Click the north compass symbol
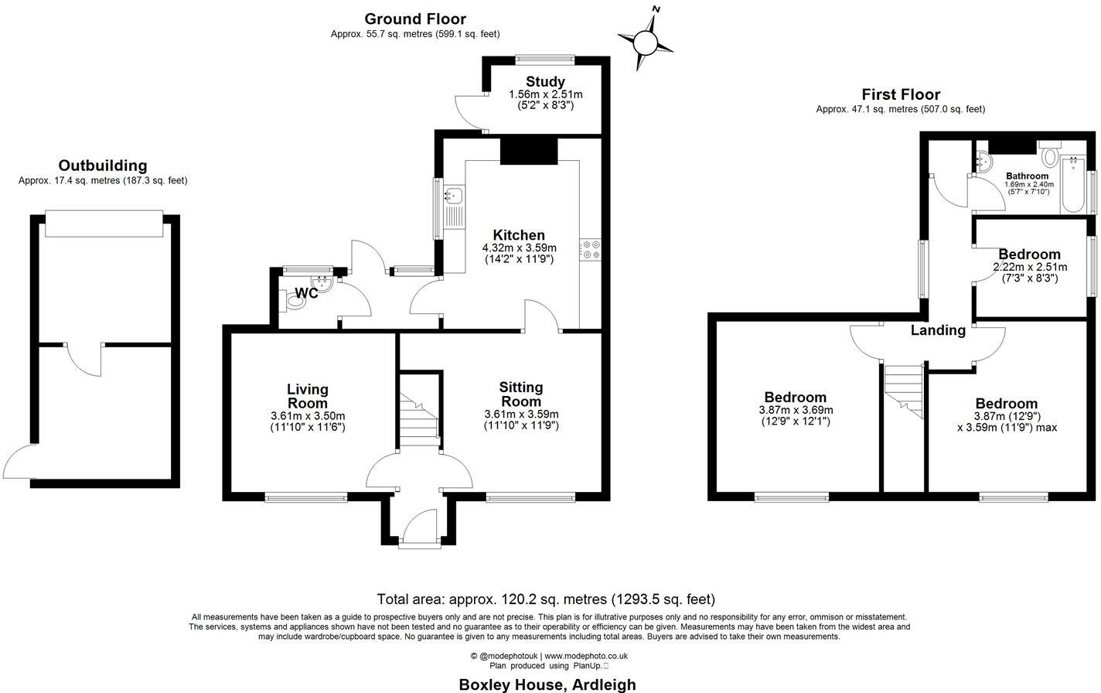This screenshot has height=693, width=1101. pos(646,41)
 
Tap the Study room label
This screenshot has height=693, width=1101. pos(545,82)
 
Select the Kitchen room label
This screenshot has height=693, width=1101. pos(519,235)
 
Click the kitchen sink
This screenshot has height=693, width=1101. pos(453,196)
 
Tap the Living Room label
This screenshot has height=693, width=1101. pos(308,396)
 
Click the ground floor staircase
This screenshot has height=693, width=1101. pos(418,413)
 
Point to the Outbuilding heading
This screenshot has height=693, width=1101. pos(103,166)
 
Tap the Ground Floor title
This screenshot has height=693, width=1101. pos(415,19)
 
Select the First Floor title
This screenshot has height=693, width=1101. pos(901,94)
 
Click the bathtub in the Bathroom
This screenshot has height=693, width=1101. pos(1072,183)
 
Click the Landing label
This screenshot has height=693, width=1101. pos(938,330)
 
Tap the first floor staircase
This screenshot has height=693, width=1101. pos(904,390)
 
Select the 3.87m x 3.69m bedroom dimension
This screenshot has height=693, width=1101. pos(796,410)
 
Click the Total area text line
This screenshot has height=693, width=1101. pos(546,599)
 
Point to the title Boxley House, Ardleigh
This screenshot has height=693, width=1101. pos(547,684)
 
